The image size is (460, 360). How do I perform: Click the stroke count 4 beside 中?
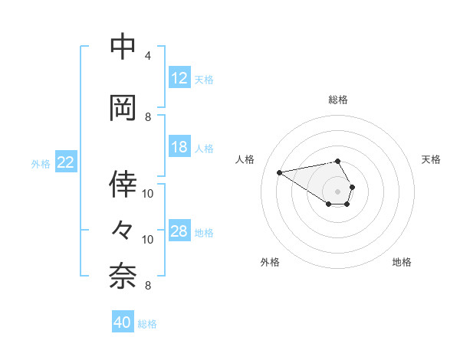click(x=147, y=56)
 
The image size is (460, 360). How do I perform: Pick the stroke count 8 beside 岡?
click(x=148, y=117)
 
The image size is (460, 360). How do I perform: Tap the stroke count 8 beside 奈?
click(x=148, y=286)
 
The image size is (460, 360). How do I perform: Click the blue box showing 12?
click(x=179, y=78)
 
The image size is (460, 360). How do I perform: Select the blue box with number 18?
click(x=179, y=147)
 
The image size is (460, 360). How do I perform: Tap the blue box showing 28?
click(x=179, y=231)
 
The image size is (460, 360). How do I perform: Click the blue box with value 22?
click(x=66, y=162)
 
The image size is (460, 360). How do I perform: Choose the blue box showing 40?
click(x=123, y=322)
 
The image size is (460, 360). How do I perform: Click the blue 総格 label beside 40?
click(x=147, y=324)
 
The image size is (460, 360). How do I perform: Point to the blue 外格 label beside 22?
click(x=40, y=163)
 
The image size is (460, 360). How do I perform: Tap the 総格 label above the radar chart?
click(x=338, y=100)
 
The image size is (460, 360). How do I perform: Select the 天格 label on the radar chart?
click(x=431, y=159)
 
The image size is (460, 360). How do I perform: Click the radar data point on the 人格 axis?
click(x=279, y=172)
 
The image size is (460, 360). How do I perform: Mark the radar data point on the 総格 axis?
click(x=337, y=161)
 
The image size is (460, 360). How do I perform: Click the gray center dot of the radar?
click(x=337, y=191)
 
